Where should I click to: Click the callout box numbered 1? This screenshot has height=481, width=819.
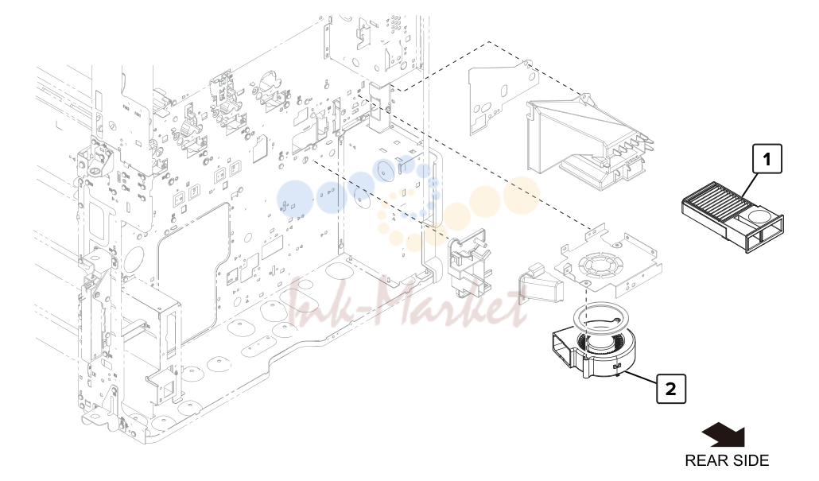click(x=767, y=159)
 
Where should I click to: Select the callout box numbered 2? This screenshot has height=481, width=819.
click(x=670, y=389)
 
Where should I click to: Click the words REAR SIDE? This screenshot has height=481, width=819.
click(x=727, y=460)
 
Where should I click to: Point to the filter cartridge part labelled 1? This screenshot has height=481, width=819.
click(x=732, y=217)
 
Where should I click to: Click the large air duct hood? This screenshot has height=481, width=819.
click(x=590, y=141)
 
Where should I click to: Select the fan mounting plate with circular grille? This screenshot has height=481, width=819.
click(x=608, y=261)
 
